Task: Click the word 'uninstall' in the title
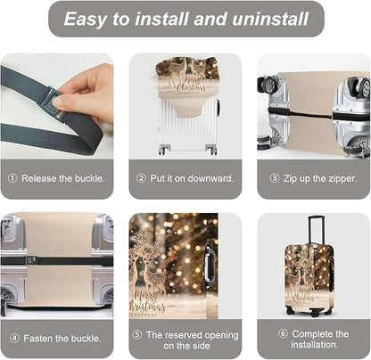tap(270, 19)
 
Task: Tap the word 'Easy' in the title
tap(86, 20)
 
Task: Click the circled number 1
tap(12, 178)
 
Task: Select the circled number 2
tap(142, 178)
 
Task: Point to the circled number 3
tap(275, 178)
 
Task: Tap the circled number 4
tap(14, 338)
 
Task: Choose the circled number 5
tap(137, 335)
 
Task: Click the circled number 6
tap(283, 333)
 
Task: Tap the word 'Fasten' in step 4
tap(38, 339)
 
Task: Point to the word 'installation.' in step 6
tap(315, 345)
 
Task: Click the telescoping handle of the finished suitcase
tap(316, 230)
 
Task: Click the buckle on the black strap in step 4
tap(30, 260)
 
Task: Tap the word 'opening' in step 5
tap(222, 335)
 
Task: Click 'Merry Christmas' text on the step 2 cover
tap(189, 84)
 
